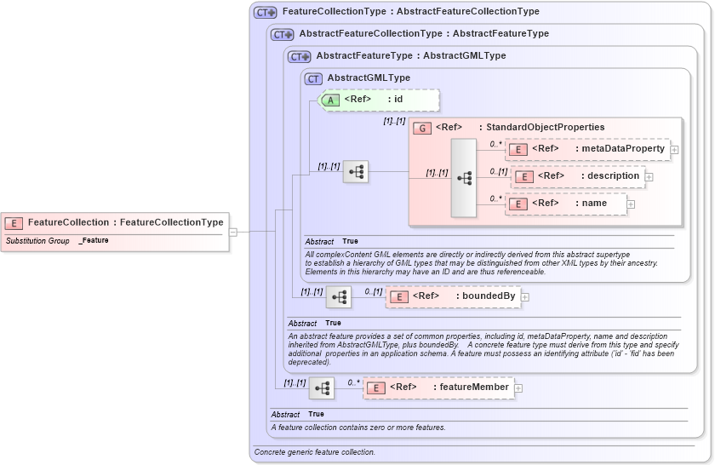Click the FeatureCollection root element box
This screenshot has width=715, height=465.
coord(115,223)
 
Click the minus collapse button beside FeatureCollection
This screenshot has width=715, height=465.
coord(233,231)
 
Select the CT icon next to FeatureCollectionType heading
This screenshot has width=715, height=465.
coord(266,13)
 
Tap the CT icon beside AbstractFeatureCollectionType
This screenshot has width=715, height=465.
coord(283,34)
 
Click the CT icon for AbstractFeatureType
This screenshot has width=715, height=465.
coord(300,56)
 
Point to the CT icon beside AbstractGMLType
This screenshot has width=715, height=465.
coord(314,78)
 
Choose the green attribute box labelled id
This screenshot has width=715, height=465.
coord(379,100)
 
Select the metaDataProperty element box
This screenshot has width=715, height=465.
coord(587,149)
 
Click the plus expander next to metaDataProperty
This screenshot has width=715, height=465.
coord(674,150)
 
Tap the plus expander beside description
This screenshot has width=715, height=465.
coord(649,177)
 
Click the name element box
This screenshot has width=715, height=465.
coord(566,204)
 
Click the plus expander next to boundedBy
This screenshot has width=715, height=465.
coord(525,297)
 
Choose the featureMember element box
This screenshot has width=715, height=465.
coord(437,387)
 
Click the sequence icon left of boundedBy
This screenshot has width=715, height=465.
coord(339,297)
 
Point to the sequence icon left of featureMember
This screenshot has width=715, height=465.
coord(322,388)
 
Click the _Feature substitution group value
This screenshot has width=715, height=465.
coord(94,241)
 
